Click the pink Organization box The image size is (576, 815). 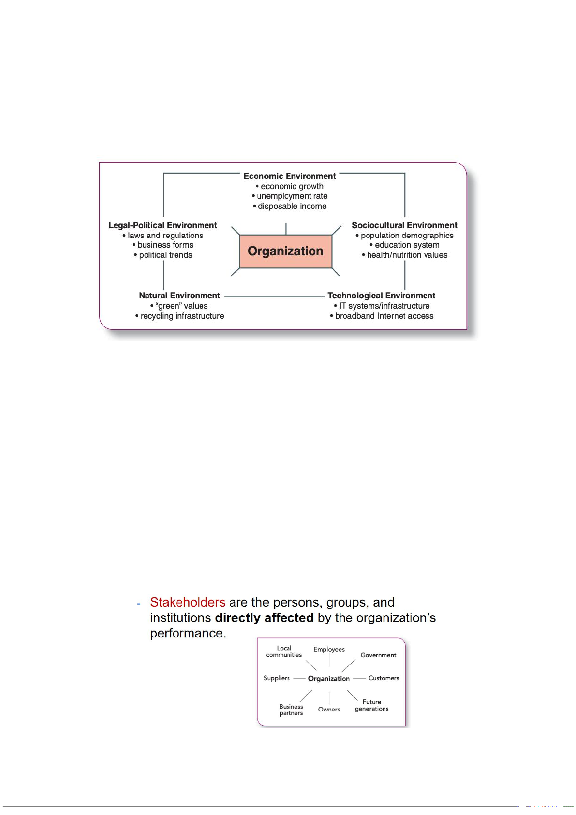[285, 251]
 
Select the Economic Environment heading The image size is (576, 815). [290, 176]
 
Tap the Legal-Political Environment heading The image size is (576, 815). [162, 225]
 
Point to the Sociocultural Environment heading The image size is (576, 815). [404, 225]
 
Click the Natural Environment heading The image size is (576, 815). [179, 296]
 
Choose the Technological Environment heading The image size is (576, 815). [381, 296]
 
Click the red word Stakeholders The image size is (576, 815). [188, 602]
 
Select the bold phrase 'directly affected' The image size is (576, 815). [264, 618]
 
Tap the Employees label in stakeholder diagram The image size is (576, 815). [329, 649]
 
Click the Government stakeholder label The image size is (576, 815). [378, 655]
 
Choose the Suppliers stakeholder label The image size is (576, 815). [277, 678]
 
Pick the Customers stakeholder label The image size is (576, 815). [384, 678]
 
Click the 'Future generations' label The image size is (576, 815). [371, 705]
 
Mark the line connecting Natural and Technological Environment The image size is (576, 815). [274, 296]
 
